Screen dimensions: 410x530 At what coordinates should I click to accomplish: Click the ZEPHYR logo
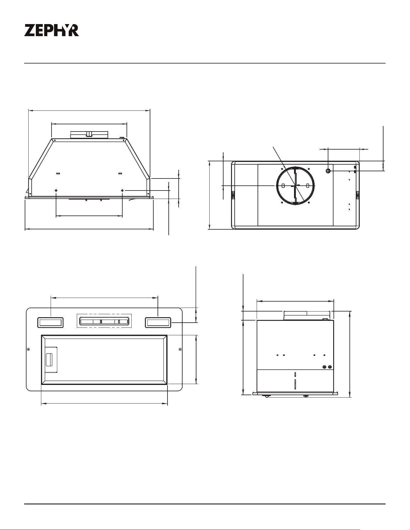52,30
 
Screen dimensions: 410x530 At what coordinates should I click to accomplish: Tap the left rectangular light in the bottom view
50,323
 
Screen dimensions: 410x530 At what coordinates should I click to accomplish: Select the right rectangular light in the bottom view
158,323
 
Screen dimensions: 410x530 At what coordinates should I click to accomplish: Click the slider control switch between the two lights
104,321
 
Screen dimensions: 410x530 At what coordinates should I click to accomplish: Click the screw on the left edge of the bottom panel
28,349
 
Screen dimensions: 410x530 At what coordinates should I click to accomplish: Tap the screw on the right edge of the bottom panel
180,349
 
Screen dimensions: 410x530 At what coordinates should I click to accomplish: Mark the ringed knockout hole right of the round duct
328,171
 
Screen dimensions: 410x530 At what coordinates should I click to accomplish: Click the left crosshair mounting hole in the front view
56,191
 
